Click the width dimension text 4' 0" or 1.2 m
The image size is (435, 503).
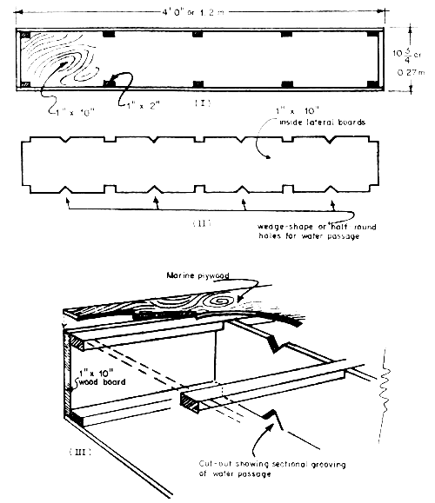[202, 10]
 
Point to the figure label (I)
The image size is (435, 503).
[198, 103]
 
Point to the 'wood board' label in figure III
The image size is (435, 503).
[97, 380]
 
